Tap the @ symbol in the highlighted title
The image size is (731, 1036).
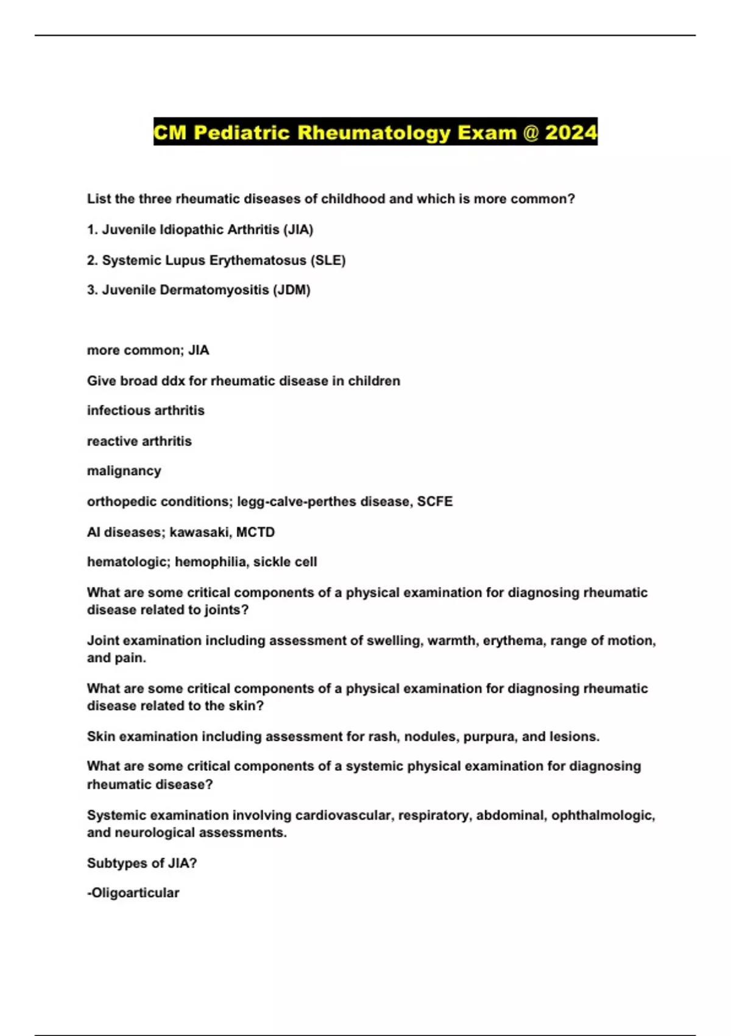tap(531, 132)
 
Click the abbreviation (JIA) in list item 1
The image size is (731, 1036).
tap(298, 230)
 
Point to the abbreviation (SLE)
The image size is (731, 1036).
tap(328, 260)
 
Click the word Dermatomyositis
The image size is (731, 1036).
tap(214, 290)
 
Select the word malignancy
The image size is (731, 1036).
tap(124, 471)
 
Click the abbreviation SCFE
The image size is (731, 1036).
tap(435, 502)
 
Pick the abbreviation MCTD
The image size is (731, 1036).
tap(255, 532)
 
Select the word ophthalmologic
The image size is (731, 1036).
tap(602, 815)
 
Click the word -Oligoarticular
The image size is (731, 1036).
tap(133, 893)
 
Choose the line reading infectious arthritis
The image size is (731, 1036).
tap(146, 411)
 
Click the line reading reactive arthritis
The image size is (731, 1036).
tap(139, 441)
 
